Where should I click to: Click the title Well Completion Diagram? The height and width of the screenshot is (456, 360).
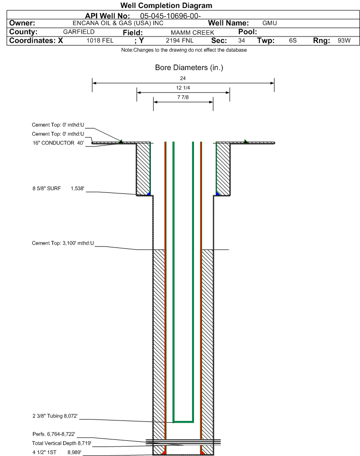(166, 6)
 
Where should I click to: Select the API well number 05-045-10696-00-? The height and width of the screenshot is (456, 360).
(170, 16)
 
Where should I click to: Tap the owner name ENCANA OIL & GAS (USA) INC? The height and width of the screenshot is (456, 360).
(118, 23)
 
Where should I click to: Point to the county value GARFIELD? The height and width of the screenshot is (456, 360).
(79, 32)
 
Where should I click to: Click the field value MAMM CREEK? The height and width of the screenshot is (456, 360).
(193, 32)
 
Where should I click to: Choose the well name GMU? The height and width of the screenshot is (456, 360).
(269, 23)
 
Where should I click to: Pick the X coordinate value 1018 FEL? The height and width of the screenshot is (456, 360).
(100, 40)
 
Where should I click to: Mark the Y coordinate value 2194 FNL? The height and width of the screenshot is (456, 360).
(180, 40)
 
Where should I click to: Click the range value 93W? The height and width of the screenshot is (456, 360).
(344, 40)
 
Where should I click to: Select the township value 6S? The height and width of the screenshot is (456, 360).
(293, 40)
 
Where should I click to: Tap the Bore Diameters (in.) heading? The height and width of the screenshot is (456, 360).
(189, 67)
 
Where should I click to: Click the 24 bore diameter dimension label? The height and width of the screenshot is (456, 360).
(183, 78)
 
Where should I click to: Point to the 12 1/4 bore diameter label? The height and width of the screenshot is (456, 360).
(183, 88)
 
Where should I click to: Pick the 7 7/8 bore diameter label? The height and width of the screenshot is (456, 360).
(183, 97)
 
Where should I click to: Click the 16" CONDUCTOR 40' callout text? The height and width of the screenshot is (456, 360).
(58, 143)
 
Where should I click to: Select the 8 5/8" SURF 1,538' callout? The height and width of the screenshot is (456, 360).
(58, 189)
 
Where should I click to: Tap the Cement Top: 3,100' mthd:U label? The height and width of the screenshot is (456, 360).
(63, 243)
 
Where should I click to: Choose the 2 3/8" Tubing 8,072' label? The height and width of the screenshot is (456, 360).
(55, 416)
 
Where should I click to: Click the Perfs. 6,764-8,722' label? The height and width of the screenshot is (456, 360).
(54, 434)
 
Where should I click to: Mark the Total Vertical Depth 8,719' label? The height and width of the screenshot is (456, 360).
(62, 443)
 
